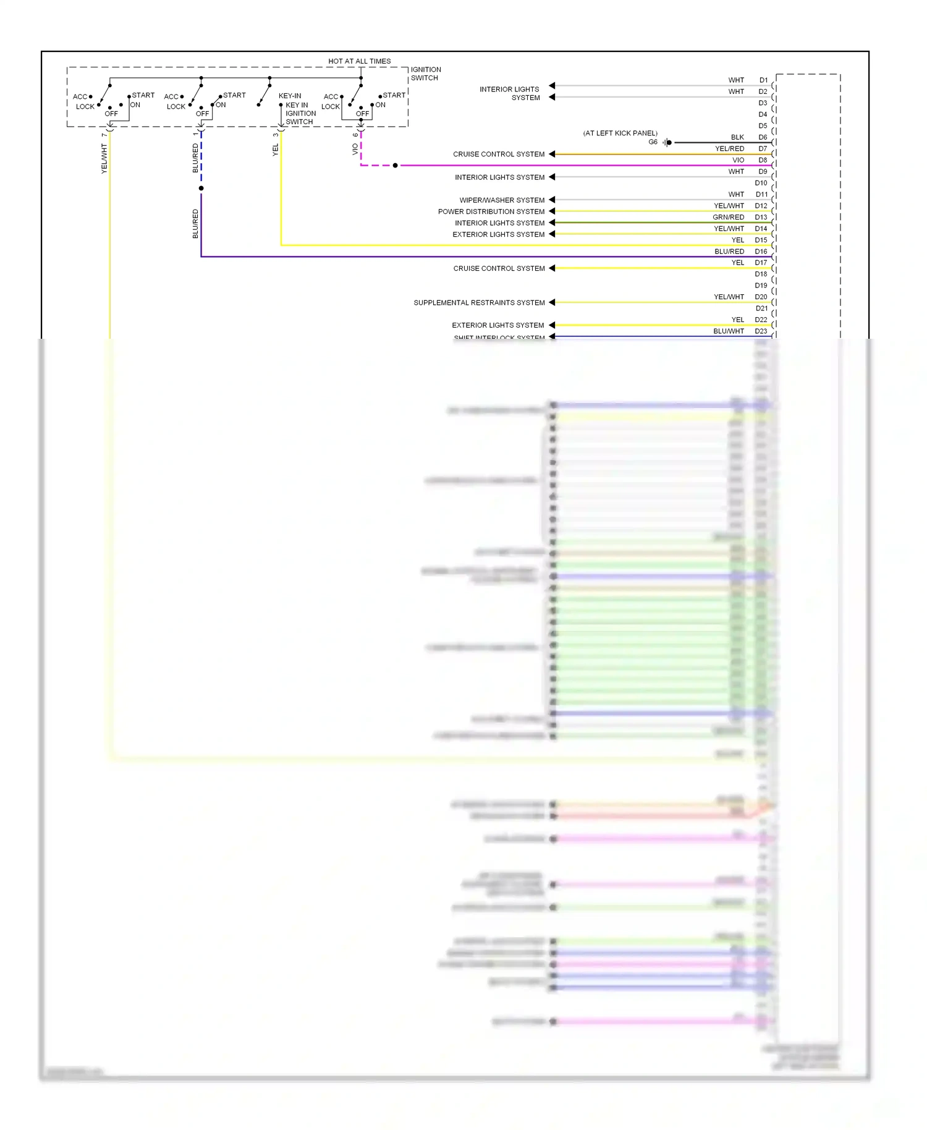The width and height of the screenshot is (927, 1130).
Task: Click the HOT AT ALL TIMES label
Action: click(x=359, y=61)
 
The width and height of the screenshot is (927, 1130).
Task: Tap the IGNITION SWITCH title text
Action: click(x=426, y=74)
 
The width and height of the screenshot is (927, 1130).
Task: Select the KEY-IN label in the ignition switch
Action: click(x=290, y=96)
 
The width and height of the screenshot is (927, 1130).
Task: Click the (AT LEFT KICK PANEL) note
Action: click(x=620, y=133)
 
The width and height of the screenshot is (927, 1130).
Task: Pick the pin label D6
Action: click(x=763, y=137)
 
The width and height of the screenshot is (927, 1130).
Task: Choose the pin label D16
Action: click(x=761, y=252)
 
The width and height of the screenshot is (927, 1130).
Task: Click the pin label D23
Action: click(x=761, y=331)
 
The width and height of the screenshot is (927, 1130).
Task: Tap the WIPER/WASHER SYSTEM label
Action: click(x=502, y=200)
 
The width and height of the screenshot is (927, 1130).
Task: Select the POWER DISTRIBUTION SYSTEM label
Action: click(x=491, y=211)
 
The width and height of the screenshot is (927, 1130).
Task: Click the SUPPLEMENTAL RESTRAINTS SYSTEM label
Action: click(x=479, y=303)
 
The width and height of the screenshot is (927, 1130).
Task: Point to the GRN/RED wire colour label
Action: click(x=728, y=218)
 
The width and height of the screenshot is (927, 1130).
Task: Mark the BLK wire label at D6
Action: click(x=737, y=137)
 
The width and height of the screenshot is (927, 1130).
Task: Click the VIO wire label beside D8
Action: click(x=738, y=160)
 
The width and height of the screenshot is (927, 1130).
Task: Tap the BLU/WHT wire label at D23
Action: click(x=729, y=331)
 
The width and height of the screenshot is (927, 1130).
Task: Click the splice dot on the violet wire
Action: click(x=395, y=166)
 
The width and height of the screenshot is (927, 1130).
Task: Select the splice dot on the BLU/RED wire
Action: click(x=201, y=188)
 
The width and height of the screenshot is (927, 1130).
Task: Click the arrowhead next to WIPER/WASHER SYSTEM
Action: click(x=552, y=200)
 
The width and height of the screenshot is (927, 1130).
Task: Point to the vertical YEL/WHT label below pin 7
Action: click(x=104, y=158)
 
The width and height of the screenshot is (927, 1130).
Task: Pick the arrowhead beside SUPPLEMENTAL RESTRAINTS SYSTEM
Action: click(x=552, y=302)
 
